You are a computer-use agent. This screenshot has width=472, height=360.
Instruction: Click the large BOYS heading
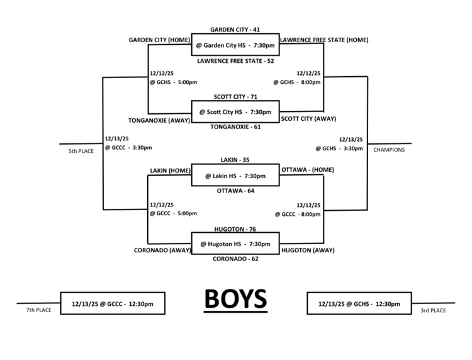235,299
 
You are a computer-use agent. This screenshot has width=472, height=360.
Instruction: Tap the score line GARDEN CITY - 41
235,29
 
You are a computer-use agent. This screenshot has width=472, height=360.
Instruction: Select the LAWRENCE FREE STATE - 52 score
235,62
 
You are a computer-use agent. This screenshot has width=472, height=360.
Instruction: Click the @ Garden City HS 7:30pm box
235,45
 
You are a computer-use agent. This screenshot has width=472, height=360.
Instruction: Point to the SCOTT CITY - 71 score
235,98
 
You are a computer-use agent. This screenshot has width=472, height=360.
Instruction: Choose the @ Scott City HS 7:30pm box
235,112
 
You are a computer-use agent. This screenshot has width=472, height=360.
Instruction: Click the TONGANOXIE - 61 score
235,127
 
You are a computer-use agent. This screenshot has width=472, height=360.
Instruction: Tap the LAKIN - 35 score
235,160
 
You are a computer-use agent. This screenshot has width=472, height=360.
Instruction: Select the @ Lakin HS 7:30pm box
235,176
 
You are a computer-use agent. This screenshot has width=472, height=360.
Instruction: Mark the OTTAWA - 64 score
235,191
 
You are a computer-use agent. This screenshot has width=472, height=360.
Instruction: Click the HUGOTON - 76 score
235,229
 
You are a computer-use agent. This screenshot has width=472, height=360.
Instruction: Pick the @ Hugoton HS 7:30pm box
235,244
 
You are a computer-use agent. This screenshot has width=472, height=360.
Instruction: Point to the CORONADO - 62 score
235,258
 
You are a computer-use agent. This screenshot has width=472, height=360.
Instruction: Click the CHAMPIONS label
389,150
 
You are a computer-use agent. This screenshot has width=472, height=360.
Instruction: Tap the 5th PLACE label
82,152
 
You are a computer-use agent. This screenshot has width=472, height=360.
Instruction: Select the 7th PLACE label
38,310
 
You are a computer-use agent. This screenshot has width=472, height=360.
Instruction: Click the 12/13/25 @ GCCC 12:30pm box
112,303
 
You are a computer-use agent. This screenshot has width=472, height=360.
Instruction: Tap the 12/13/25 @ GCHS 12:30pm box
359,303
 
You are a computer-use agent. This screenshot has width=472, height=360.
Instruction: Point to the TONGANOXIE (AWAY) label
159,119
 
